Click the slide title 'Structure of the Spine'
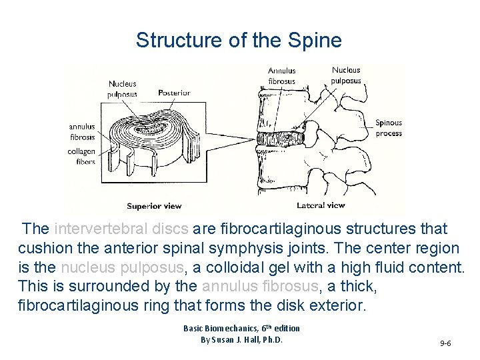(239, 41)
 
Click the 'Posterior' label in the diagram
(174, 93)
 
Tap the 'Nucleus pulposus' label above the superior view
(122, 89)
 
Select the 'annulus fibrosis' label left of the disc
(82, 131)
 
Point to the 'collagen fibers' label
(81, 157)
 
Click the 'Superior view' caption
(154, 206)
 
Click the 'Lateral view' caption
(321, 205)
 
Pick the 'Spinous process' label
(389, 127)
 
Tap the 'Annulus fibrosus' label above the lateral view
(281, 75)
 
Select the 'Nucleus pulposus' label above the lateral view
(346, 75)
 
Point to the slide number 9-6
(445, 343)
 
